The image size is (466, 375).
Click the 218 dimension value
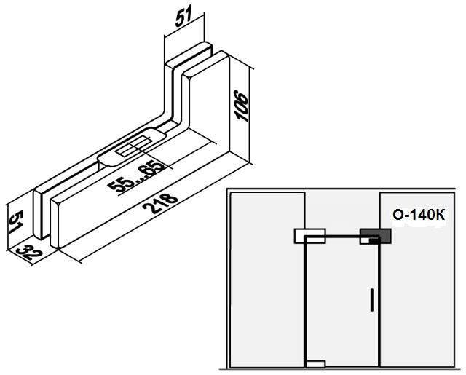point(160,204)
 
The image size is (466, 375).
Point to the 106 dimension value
point(241,106)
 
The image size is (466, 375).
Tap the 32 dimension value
point(29,252)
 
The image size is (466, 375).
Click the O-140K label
point(419,215)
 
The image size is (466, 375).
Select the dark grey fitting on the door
point(376,236)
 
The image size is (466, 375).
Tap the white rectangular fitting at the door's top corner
point(309,236)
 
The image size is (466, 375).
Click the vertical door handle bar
point(372,299)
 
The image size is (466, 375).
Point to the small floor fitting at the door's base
point(315,364)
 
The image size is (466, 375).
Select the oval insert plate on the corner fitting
point(131,146)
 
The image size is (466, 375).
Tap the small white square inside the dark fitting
point(365,240)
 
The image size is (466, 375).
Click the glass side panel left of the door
point(267,280)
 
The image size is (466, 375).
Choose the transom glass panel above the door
point(342,213)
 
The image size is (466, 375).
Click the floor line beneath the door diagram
point(342,369)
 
